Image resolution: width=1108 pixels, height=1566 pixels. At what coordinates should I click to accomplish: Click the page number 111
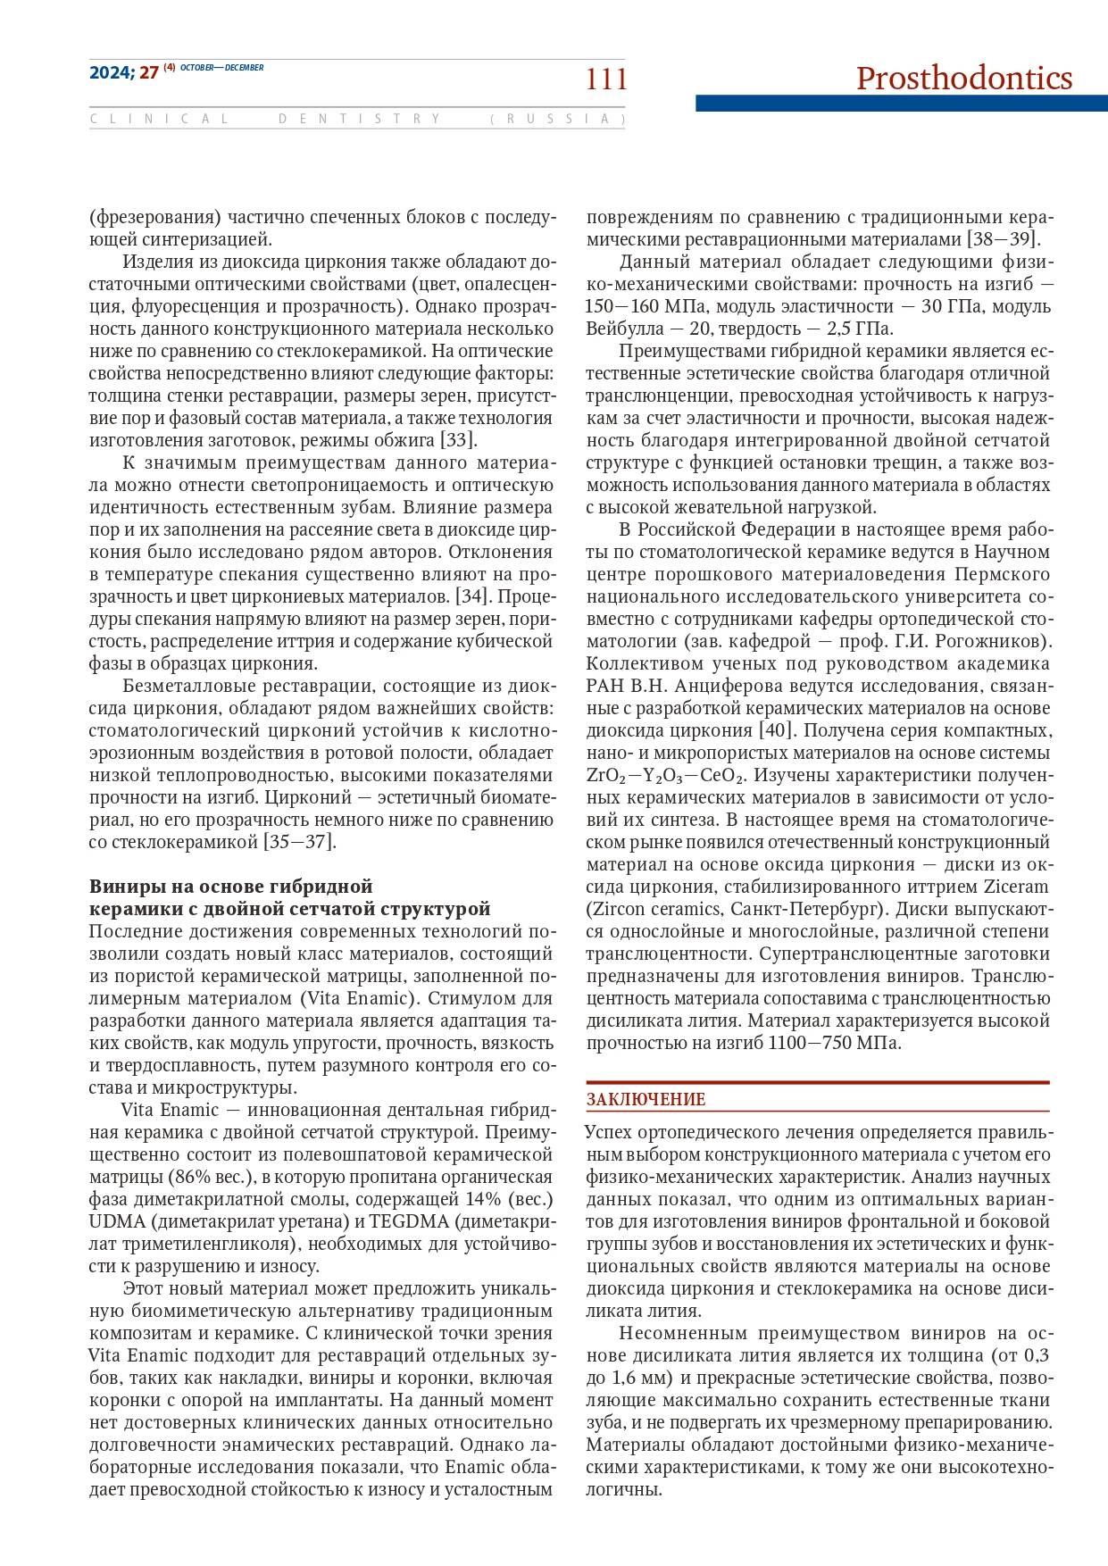point(606,79)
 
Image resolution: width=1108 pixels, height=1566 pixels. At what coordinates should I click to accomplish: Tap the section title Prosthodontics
point(963,79)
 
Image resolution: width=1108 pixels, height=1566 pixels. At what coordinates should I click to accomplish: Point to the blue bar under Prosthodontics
point(901,104)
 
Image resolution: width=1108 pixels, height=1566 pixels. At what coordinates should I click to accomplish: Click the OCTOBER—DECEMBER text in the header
point(222,68)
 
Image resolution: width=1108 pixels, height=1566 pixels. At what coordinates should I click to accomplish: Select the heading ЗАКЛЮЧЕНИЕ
point(646,1099)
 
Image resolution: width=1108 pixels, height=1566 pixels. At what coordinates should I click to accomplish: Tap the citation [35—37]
point(299,842)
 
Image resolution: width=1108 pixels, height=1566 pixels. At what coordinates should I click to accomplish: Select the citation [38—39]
point(1004,239)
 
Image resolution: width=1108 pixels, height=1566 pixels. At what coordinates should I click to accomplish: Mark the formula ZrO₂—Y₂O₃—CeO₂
point(665,775)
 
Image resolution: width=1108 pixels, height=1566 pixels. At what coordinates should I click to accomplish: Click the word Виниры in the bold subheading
point(121,887)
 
